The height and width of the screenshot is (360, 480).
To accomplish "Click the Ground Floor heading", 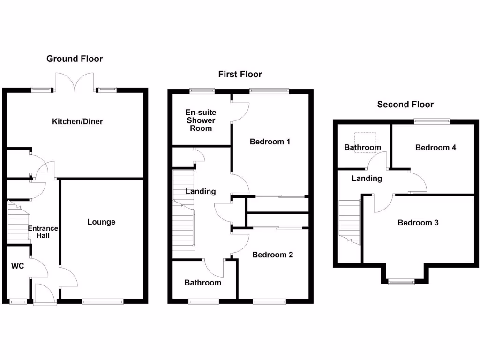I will click(x=75, y=59).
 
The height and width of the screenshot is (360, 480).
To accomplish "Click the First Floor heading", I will click(x=240, y=74).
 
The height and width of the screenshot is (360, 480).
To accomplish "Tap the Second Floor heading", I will click(x=405, y=105).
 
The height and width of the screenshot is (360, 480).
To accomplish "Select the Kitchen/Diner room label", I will click(x=77, y=122).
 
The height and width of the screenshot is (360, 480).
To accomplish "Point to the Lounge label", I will click(x=101, y=222).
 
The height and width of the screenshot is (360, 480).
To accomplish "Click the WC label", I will click(x=18, y=266).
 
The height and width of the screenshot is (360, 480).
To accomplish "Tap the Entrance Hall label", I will click(x=43, y=232).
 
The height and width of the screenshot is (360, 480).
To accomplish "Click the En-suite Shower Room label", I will click(x=201, y=120).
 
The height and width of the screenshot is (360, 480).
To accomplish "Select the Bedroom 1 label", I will click(x=270, y=142).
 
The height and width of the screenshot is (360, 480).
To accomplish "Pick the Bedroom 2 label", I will click(x=272, y=255).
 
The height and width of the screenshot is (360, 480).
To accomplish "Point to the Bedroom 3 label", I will click(x=418, y=223).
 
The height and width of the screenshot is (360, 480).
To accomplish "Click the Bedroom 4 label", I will click(x=435, y=148).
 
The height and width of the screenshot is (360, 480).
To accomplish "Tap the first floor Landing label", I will click(x=201, y=191).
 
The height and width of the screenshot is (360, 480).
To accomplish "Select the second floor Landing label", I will click(x=367, y=179).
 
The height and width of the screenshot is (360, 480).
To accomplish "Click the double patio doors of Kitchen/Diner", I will click(x=75, y=81).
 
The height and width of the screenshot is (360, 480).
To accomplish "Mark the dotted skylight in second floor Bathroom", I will click(x=365, y=139).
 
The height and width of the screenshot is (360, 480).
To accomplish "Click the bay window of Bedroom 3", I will click(x=401, y=281).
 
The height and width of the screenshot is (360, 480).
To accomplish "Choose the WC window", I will click(x=18, y=302).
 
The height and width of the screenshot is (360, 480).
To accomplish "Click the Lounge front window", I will click(x=103, y=302).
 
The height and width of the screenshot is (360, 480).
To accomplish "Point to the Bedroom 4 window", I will click(x=432, y=121).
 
